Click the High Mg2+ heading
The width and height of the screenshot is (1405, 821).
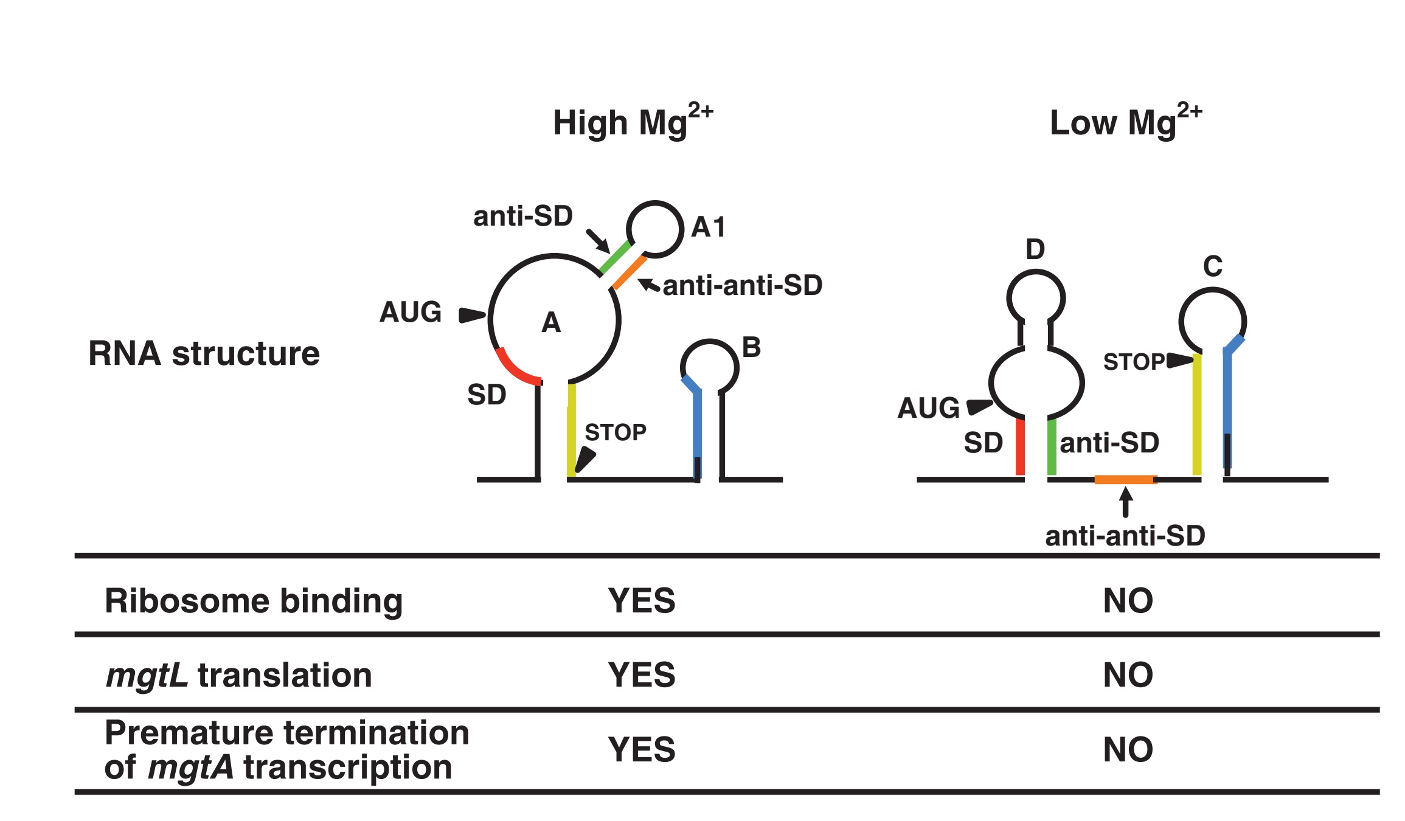(x=632, y=122)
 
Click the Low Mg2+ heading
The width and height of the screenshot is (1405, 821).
(x=1125, y=122)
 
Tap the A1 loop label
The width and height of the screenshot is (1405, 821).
(x=708, y=227)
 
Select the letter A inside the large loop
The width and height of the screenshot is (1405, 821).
(x=551, y=322)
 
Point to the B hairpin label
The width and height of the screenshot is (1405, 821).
(x=752, y=348)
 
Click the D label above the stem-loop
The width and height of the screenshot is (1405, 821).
(x=1035, y=249)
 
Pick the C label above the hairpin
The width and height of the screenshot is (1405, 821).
(x=1213, y=266)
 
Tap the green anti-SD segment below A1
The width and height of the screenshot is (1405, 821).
(x=614, y=257)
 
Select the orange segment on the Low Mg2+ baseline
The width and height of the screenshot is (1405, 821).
(x=1125, y=480)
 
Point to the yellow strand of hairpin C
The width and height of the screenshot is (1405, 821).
(x=1197, y=414)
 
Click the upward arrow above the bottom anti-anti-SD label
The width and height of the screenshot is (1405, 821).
(x=1126, y=502)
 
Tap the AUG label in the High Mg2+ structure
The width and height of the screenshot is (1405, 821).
(x=411, y=312)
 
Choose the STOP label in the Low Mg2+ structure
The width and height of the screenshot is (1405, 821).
(x=1134, y=362)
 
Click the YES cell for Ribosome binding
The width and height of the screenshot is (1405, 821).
(x=642, y=601)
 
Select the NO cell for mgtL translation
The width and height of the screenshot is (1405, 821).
(x=1128, y=675)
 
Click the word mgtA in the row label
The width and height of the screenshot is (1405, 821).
(x=190, y=767)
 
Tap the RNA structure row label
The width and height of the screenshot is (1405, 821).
(x=204, y=353)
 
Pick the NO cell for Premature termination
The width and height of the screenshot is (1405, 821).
(x=1128, y=750)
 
